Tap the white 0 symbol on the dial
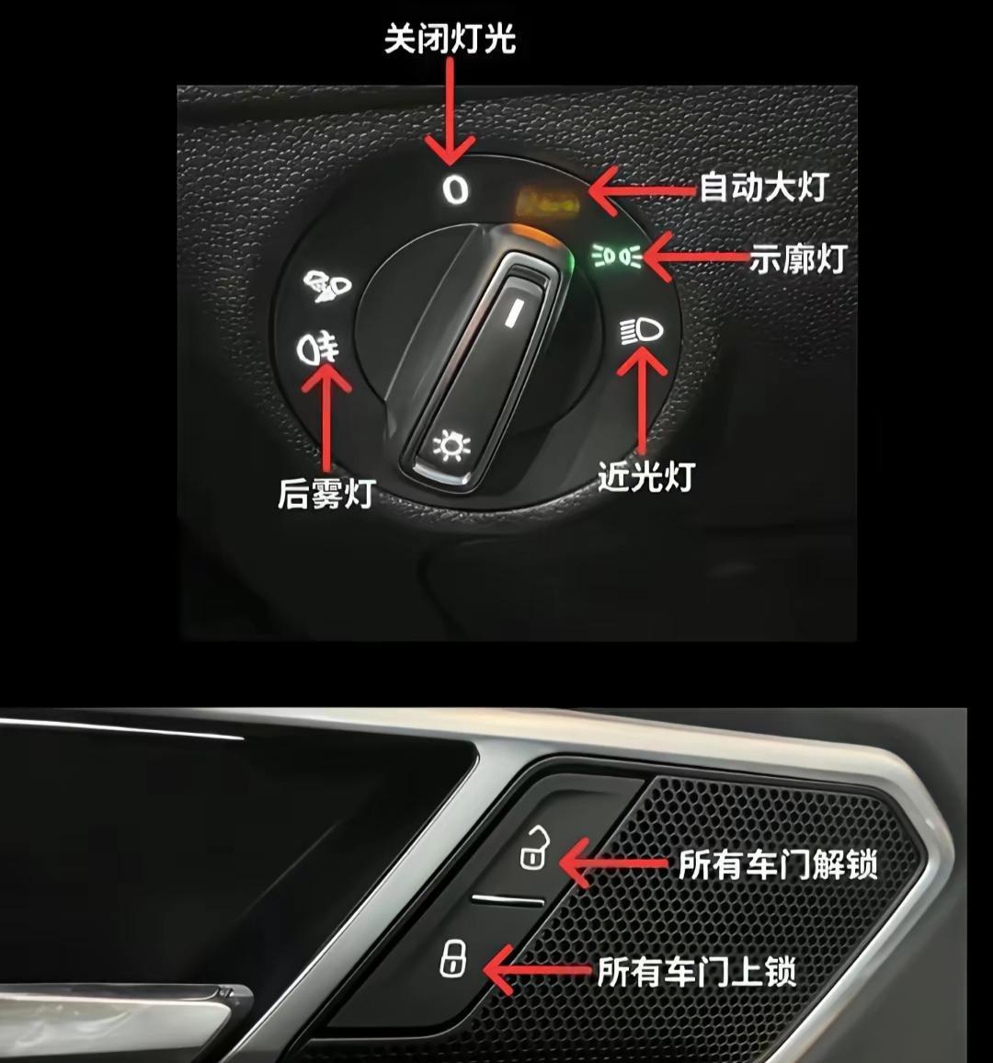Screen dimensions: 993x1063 click(x=455, y=189)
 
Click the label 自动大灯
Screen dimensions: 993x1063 click(x=764, y=187)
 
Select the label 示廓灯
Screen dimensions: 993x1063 click(x=798, y=258)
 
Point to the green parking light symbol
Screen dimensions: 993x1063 click(x=616, y=256)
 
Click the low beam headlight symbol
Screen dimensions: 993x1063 click(x=641, y=332)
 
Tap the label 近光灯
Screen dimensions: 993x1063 click(x=646, y=476)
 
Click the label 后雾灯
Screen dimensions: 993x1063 click(x=326, y=493)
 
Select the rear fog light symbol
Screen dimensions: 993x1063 click(x=317, y=347)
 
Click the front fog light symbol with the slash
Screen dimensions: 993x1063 click(x=326, y=285)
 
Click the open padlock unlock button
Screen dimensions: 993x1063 click(x=534, y=848)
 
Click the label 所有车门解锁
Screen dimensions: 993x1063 click(x=778, y=864)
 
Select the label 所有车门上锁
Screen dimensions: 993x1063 click(x=696, y=971)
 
